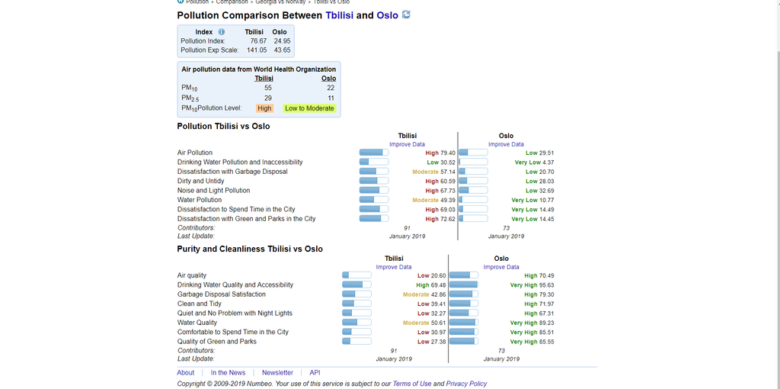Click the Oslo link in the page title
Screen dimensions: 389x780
tap(387, 15)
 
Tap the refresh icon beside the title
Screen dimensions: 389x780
tap(406, 14)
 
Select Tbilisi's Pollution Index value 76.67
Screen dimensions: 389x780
tap(258, 40)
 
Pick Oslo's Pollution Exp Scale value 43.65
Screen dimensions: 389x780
tap(282, 50)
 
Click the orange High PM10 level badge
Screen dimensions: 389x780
tap(264, 108)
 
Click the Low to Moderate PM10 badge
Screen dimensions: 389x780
tap(309, 108)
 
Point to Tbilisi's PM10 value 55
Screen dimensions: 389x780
tap(267, 88)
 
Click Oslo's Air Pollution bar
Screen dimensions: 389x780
tap(473, 153)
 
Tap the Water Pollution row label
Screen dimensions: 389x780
tap(200, 200)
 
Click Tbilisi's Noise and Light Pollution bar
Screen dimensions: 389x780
tap(373, 190)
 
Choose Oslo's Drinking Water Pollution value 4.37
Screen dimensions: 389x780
tap(548, 162)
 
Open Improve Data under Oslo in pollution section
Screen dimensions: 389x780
tap(506, 144)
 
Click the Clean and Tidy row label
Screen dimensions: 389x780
tap(200, 304)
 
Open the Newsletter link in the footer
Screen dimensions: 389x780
tap(277, 373)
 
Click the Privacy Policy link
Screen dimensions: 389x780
tap(466, 384)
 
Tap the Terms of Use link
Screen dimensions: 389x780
tap(411, 384)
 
